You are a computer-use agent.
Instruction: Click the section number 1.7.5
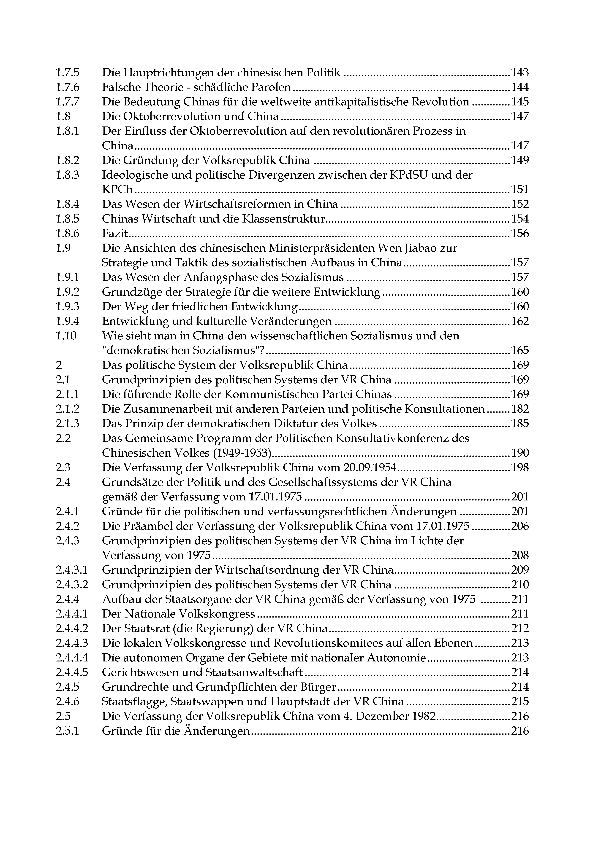67,73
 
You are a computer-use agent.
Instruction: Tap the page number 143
520,73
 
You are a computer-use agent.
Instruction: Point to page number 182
520,409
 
